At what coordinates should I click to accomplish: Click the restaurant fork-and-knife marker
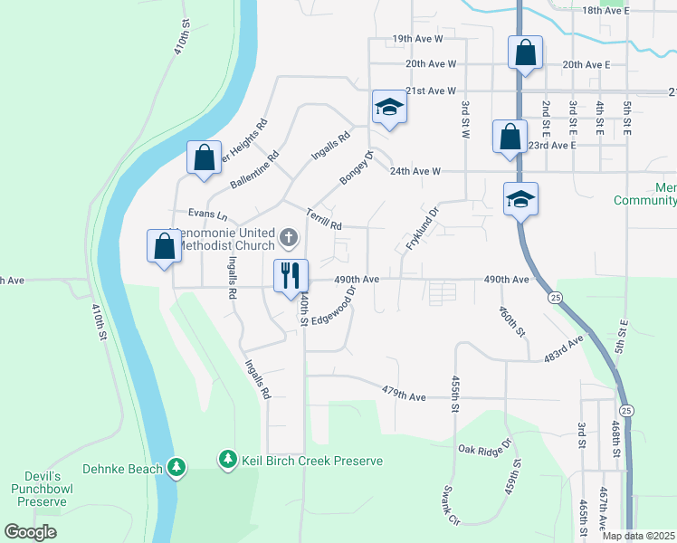[291, 275]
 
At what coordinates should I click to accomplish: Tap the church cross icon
[289, 238]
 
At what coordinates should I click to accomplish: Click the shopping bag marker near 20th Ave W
[525, 53]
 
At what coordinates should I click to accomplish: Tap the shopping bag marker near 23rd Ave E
[510, 138]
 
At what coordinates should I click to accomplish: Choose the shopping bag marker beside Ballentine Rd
[204, 157]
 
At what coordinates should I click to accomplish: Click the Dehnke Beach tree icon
[178, 467]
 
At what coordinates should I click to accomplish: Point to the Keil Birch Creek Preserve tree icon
[227, 461]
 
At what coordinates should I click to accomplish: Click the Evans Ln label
[208, 214]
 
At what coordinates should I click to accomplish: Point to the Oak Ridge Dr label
[484, 449]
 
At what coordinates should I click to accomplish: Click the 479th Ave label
[404, 396]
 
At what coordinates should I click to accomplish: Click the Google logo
[31, 532]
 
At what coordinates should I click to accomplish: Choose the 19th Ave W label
[417, 39]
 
